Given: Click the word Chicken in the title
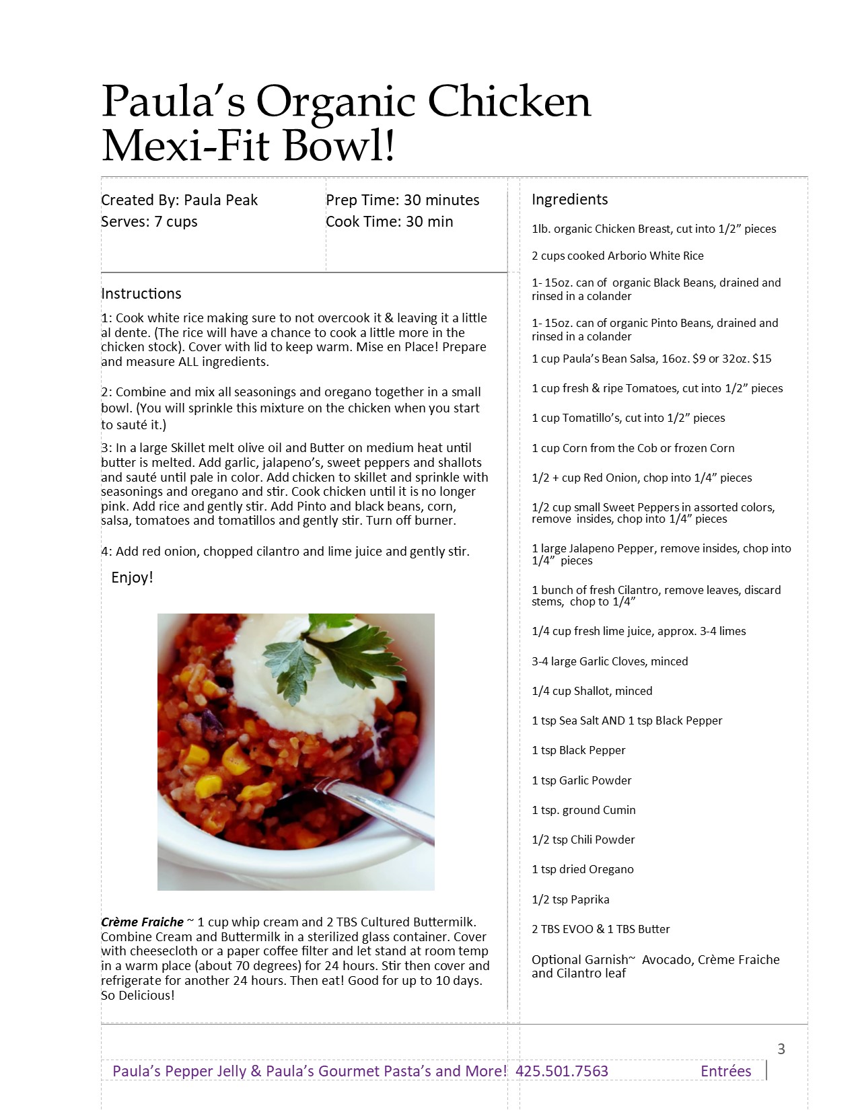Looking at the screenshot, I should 509,102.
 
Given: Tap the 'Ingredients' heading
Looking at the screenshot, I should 569,199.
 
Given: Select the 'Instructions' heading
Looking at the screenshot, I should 141,293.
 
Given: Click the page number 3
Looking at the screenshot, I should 781,1049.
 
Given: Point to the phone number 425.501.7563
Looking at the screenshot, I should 561,1071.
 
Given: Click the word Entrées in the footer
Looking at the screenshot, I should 725,1071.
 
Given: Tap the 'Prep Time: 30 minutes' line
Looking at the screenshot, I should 402,200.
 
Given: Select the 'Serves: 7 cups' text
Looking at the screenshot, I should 149,221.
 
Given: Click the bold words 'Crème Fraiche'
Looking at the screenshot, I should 142,922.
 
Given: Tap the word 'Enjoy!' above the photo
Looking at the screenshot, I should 132,577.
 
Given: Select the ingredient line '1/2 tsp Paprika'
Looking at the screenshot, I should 570,899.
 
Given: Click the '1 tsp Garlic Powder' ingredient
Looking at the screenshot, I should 581,780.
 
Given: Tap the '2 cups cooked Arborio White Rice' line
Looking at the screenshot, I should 617,256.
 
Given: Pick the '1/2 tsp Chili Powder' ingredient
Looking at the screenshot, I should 583,840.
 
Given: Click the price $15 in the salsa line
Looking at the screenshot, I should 762,359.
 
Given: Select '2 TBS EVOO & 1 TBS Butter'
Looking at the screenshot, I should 600,929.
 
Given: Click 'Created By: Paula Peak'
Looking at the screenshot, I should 179,200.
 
